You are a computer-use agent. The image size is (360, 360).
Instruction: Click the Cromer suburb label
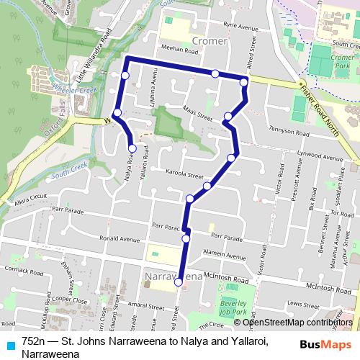pyautogui.click(x=210, y=41)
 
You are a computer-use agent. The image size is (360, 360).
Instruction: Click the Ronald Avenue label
pyautogui.click(x=120, y=238)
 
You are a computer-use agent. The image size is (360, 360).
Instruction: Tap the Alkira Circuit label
pyautogui.click(x=28, y=197)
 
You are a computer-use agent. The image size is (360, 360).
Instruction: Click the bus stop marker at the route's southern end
pyautogui.click(x=179, y=283)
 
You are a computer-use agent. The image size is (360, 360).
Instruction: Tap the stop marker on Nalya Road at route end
pyautogui.click(x=132, y=148)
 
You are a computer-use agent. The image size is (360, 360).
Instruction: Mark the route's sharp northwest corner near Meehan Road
pyautogui.click(x=127, y=58)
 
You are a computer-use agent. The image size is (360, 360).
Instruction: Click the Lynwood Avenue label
pyautogui.click(x=323, y=158)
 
